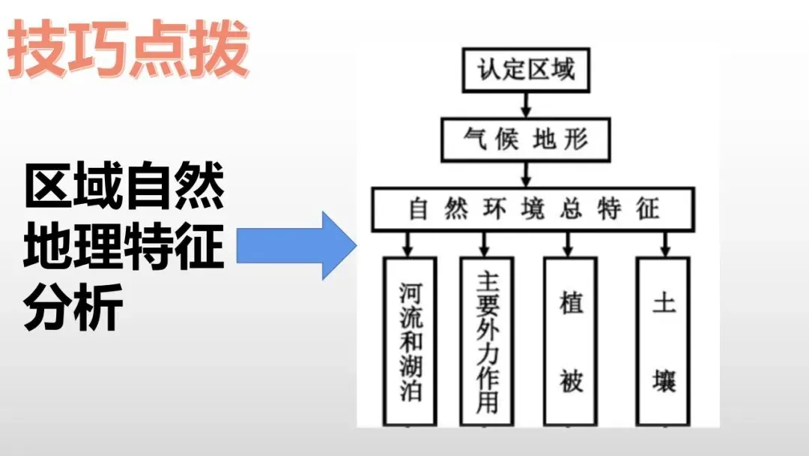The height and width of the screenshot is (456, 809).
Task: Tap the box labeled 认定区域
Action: tap(526, 70)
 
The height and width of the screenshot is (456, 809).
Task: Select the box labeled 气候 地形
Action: tap(526, 139)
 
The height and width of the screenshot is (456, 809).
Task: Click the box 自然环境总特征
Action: tap(533, 208)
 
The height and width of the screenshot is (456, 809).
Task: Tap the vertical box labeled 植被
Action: tap(571, 341)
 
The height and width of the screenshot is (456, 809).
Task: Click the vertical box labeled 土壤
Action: tap(663, 341)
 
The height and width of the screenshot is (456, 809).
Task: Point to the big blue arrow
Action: tap(297, 244)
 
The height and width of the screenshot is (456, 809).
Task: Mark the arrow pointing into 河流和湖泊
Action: tap(407, 243)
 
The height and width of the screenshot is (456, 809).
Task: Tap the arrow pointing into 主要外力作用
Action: tap(485, 243)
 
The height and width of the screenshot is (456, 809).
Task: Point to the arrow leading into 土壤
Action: tap(664, 243)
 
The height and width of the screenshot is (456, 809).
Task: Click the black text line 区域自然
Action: tap(124, 188)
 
